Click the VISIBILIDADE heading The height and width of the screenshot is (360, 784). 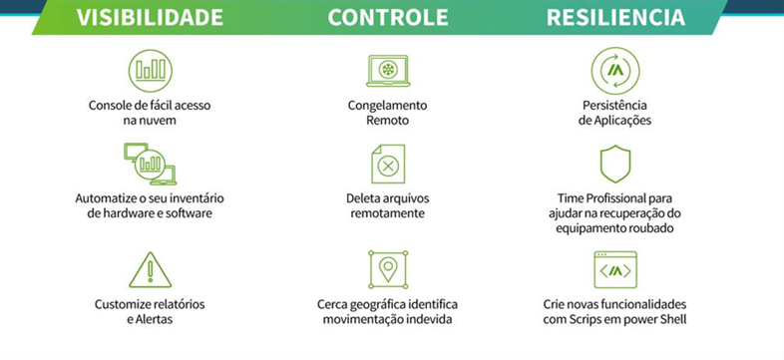tap(150, 17)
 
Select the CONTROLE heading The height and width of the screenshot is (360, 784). tap(388, 17)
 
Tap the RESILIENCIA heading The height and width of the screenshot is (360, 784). tap(615, 17)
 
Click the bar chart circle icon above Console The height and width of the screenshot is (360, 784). tap(150, 71)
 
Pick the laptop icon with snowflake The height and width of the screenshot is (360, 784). tap(388, 71)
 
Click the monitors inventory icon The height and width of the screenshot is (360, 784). tap(150, 164)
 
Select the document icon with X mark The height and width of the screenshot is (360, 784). tap(388, 164)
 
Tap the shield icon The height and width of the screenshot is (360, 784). tap(615, 164)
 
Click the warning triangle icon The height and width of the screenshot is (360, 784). tap(150, 270)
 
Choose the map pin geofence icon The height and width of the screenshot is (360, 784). tap(388, 270)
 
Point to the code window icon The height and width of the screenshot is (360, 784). tap(615, 270)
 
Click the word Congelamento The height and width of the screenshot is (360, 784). tap(387, 106)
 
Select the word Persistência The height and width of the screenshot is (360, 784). tap(614, 105)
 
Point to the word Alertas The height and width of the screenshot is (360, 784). tap(154, 319)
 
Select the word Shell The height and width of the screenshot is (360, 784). tap(672, 319)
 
